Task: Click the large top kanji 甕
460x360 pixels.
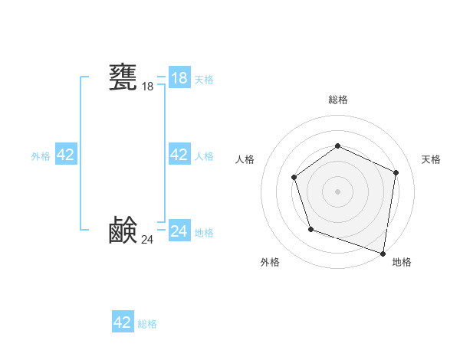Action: [123, 77]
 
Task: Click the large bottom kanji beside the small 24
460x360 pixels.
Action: [123, 230]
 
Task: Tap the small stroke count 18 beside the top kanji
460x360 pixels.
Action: [147, 87]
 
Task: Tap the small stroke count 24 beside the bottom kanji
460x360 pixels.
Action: [147, 240]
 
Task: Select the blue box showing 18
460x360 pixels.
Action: [179, 78]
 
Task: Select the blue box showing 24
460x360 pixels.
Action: [179, 231]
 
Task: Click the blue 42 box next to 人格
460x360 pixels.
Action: [179, 155]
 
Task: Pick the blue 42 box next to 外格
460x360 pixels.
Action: [66, 155]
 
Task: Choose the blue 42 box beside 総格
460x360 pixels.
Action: [123, 322]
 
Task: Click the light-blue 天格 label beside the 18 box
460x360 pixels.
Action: [204, 80]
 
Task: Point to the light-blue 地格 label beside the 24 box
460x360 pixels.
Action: [204, 233]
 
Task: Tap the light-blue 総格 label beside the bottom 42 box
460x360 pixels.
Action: [147, 324]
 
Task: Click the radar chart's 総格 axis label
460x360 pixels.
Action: [337, 100]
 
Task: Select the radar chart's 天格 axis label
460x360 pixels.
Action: [431, 159]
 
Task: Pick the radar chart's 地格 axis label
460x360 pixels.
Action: [402, 263]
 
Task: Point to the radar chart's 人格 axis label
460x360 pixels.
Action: [245, 159]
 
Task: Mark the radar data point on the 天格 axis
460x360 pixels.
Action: [396, 172]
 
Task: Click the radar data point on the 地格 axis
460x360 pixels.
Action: [383, 252]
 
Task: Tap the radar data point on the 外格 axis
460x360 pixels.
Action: [310, 229]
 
